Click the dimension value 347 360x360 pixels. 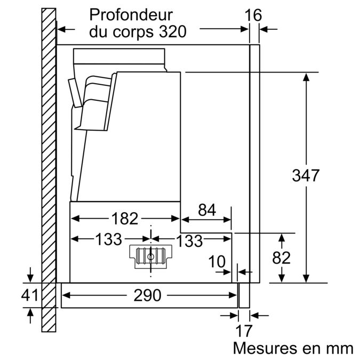(x=306, y=175)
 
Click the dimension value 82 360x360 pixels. (x=281, y=258)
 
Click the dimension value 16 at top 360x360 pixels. (x=253, y=15)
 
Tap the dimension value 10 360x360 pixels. (x=217, y=262)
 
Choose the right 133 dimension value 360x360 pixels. (x=189, y=241)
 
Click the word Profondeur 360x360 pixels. (x=131, y=14)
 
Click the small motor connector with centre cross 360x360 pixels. (x=151, y=255)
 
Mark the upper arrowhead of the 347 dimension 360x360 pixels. (x=306, y=77)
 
